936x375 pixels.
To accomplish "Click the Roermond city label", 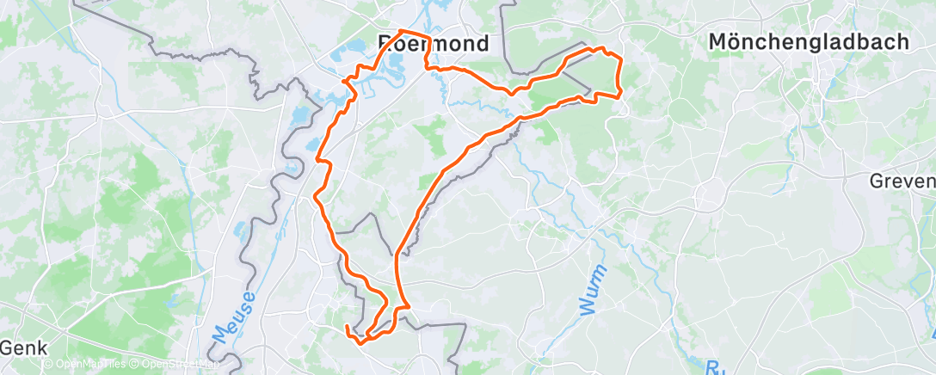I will pos(434,43).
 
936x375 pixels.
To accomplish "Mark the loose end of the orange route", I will pos(347,327).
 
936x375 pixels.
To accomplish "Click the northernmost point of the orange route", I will pos(402,32).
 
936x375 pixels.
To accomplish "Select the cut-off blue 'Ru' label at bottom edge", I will pos(713,368).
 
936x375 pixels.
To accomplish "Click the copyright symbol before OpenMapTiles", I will pos(46,365).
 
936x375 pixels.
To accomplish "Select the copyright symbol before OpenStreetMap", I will pos(134,365).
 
